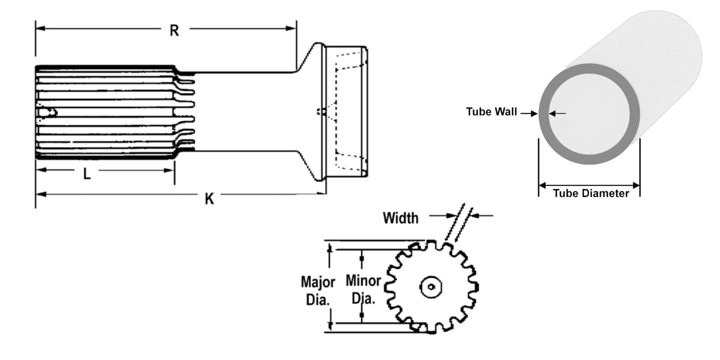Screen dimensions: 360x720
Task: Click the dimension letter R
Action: [174, 31]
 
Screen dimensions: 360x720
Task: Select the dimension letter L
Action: [87, 174]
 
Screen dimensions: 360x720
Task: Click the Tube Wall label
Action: [492, 112]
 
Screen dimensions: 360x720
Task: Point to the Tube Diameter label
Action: [590, 194]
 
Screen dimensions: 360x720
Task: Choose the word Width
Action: [400, 218]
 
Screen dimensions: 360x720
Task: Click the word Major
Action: [318, 281]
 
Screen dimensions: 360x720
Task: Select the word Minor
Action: [363, 280]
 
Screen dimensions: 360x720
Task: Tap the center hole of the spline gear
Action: [431, 288]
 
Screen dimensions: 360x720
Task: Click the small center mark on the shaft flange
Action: [319, 112]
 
